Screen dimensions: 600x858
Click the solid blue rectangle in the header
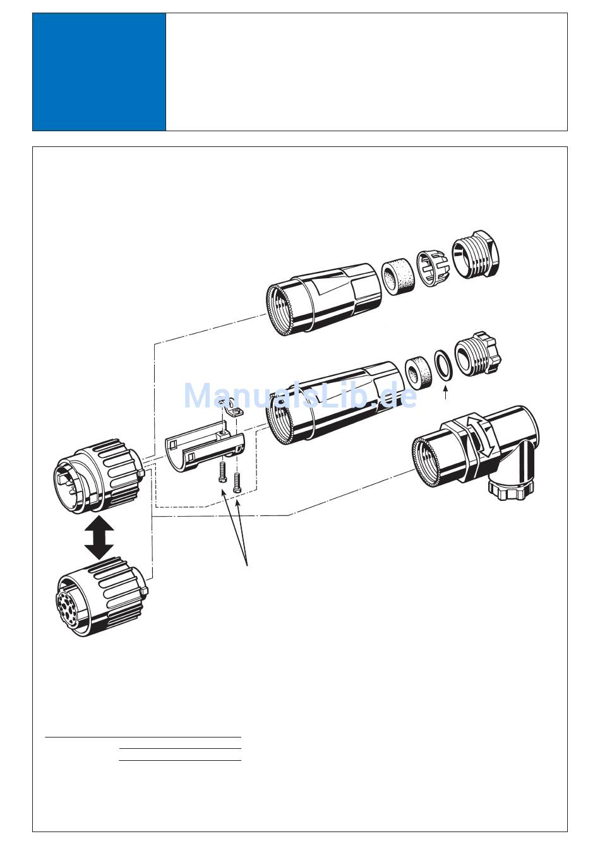coord(99,72)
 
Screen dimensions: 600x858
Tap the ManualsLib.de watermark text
coord(301,396)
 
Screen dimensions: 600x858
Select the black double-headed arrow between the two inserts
coord(99,537)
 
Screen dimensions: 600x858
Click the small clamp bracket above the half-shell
coord(231,408)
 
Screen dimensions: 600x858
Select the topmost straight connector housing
coord(324,299)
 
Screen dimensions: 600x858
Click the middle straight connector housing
coord(333,403)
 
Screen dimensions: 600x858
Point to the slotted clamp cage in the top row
coord(433,269)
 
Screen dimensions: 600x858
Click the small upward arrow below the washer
coord(445,394)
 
